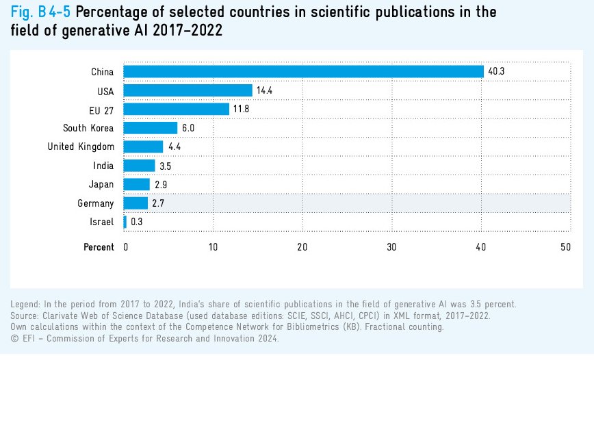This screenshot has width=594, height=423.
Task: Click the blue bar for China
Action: click(x=303, y=72)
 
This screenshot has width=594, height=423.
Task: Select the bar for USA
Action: click(x=188, y=90)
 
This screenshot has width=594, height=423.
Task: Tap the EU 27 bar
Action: click(x=177, y=109)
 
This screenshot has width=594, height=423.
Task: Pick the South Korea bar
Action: click(x=151, y=128)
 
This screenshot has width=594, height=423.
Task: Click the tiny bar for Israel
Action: click(x=125, y=222)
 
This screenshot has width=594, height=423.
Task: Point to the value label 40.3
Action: click(x=496, y=72)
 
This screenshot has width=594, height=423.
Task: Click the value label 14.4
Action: click(x=265, y=90)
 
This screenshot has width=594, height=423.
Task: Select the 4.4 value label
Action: click(x=175, y=146)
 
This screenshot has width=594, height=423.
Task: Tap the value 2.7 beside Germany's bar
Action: click(x=158, y=203)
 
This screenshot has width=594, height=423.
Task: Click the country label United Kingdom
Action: click(x=81, y=146)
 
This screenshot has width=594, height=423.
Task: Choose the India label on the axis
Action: click(x=103, y=166)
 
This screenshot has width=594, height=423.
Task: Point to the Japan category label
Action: click(x=101, y=184)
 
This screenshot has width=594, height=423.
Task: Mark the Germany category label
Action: click(x=96, y=203)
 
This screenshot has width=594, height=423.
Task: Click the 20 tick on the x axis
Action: click(x=302, y=247)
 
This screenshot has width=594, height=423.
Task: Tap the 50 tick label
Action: click(x=565, y=247)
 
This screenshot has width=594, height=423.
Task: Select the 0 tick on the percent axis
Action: click(x=126, y=247)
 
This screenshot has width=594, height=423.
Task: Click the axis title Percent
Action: click(x=99, y=247)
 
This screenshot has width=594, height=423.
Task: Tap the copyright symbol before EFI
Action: click(x=14, y=338)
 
